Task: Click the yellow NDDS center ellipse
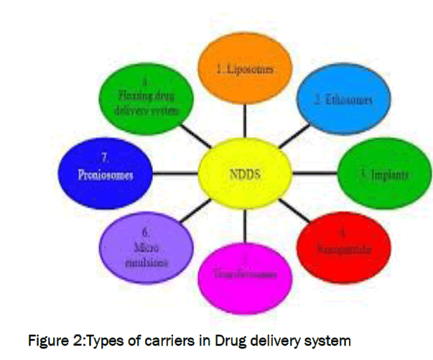click(244, 173)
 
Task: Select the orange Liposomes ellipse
click(246, 70)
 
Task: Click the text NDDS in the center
click(244, 173)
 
